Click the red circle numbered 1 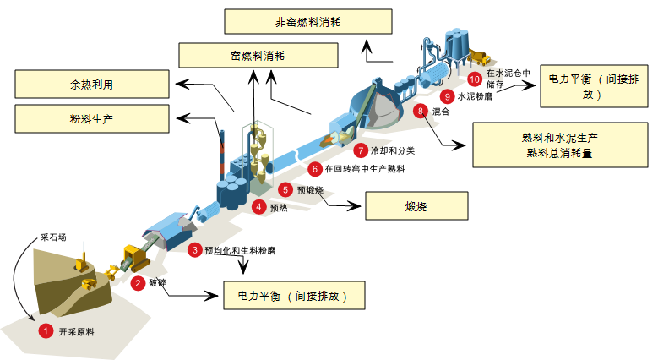pos(46,331)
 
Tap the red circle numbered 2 pos(138,284)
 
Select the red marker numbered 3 pos(195,250)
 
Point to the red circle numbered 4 pos(259,205)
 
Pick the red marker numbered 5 pos(286,190)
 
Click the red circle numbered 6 pos(315,169)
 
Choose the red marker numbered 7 pos(362,151)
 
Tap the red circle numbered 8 pos(421,111)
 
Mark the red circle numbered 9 pos(448,97)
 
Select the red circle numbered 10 pos(474,79)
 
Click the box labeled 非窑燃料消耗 pos(308,21)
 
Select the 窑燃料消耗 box pos(258,55)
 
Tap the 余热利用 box pos(92,85)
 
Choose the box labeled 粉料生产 pos(92,118)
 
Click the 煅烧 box pos(416,206)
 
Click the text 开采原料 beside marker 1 pos(77,332)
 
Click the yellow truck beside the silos pos(480,57)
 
